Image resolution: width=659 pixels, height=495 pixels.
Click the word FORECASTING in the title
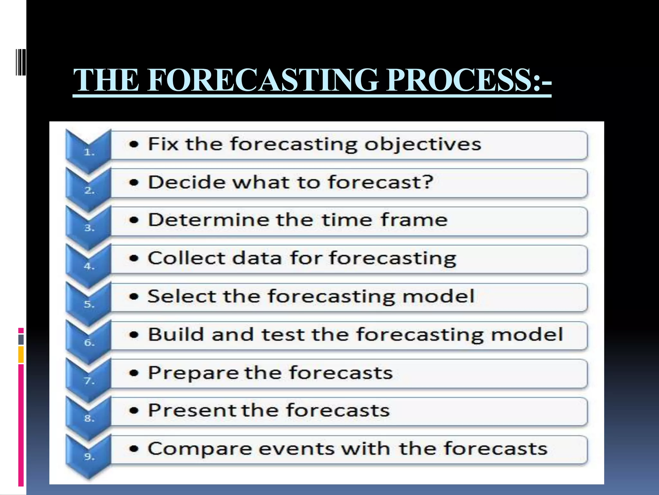tap(263, 80)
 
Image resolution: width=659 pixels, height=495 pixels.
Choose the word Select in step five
tap(182, 296)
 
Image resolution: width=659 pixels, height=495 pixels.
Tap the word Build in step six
tap(176, 334)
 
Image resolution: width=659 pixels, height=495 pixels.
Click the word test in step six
tap(283, 334)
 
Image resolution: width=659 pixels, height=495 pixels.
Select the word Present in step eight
tap(192, 410)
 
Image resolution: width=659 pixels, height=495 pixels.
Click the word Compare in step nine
tap(200, 449)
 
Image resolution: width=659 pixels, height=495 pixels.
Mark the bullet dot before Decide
tap(134, 182)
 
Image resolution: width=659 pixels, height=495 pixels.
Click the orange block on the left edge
tap(21, 354)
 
